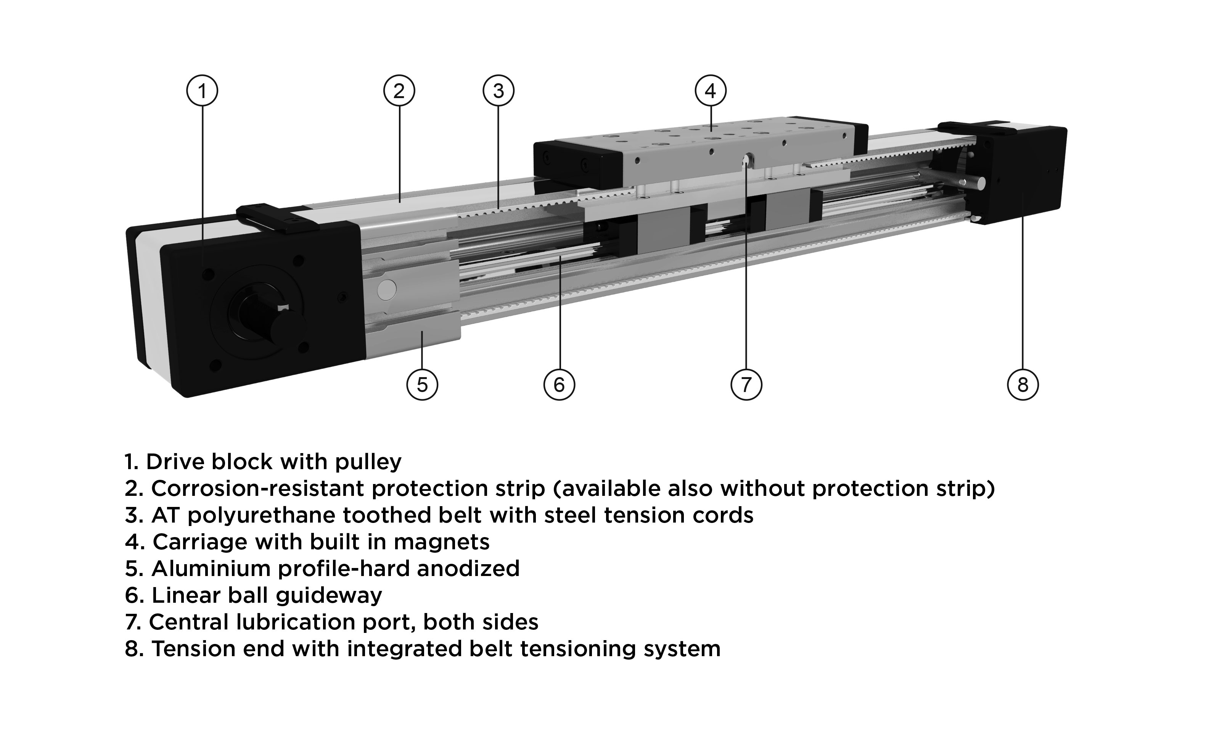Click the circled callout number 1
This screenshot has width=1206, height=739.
[202, 90]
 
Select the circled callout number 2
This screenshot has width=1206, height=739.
[399, 90]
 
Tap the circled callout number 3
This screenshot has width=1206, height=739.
[498, 90]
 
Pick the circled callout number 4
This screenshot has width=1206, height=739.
[711, 90]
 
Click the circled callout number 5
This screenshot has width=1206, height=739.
[422, 384]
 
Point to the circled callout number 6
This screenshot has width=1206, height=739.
[559, 384]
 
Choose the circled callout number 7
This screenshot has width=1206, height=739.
[746, 384]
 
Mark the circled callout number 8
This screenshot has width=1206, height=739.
[1023, 384]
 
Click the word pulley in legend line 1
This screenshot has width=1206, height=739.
[368, 462]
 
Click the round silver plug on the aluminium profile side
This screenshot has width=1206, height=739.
[387, 290]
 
